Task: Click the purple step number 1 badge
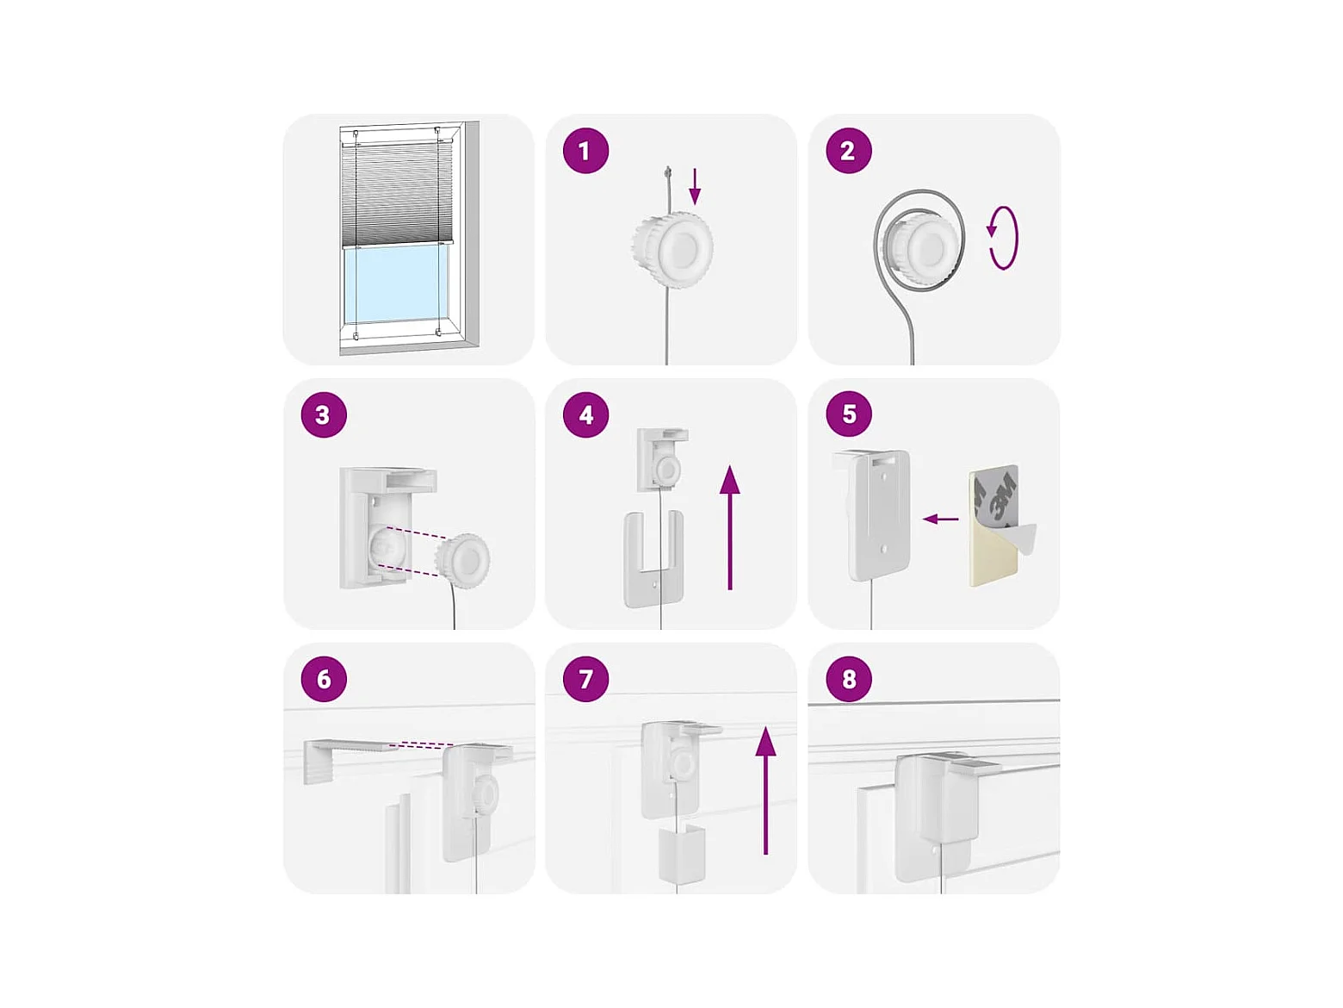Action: [585, 151]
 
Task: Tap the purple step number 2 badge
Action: [849, 151]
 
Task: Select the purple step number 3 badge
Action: [324, 414]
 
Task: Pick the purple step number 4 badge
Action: [585, 414]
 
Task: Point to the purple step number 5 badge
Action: [849, 414]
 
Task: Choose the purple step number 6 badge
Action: [324, 679]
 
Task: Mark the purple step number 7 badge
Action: [585, 679]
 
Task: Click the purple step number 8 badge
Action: [849, 679]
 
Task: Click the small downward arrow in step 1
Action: [694, 187]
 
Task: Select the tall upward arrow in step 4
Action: [729, 527]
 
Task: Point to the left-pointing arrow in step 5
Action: [940, 519]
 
